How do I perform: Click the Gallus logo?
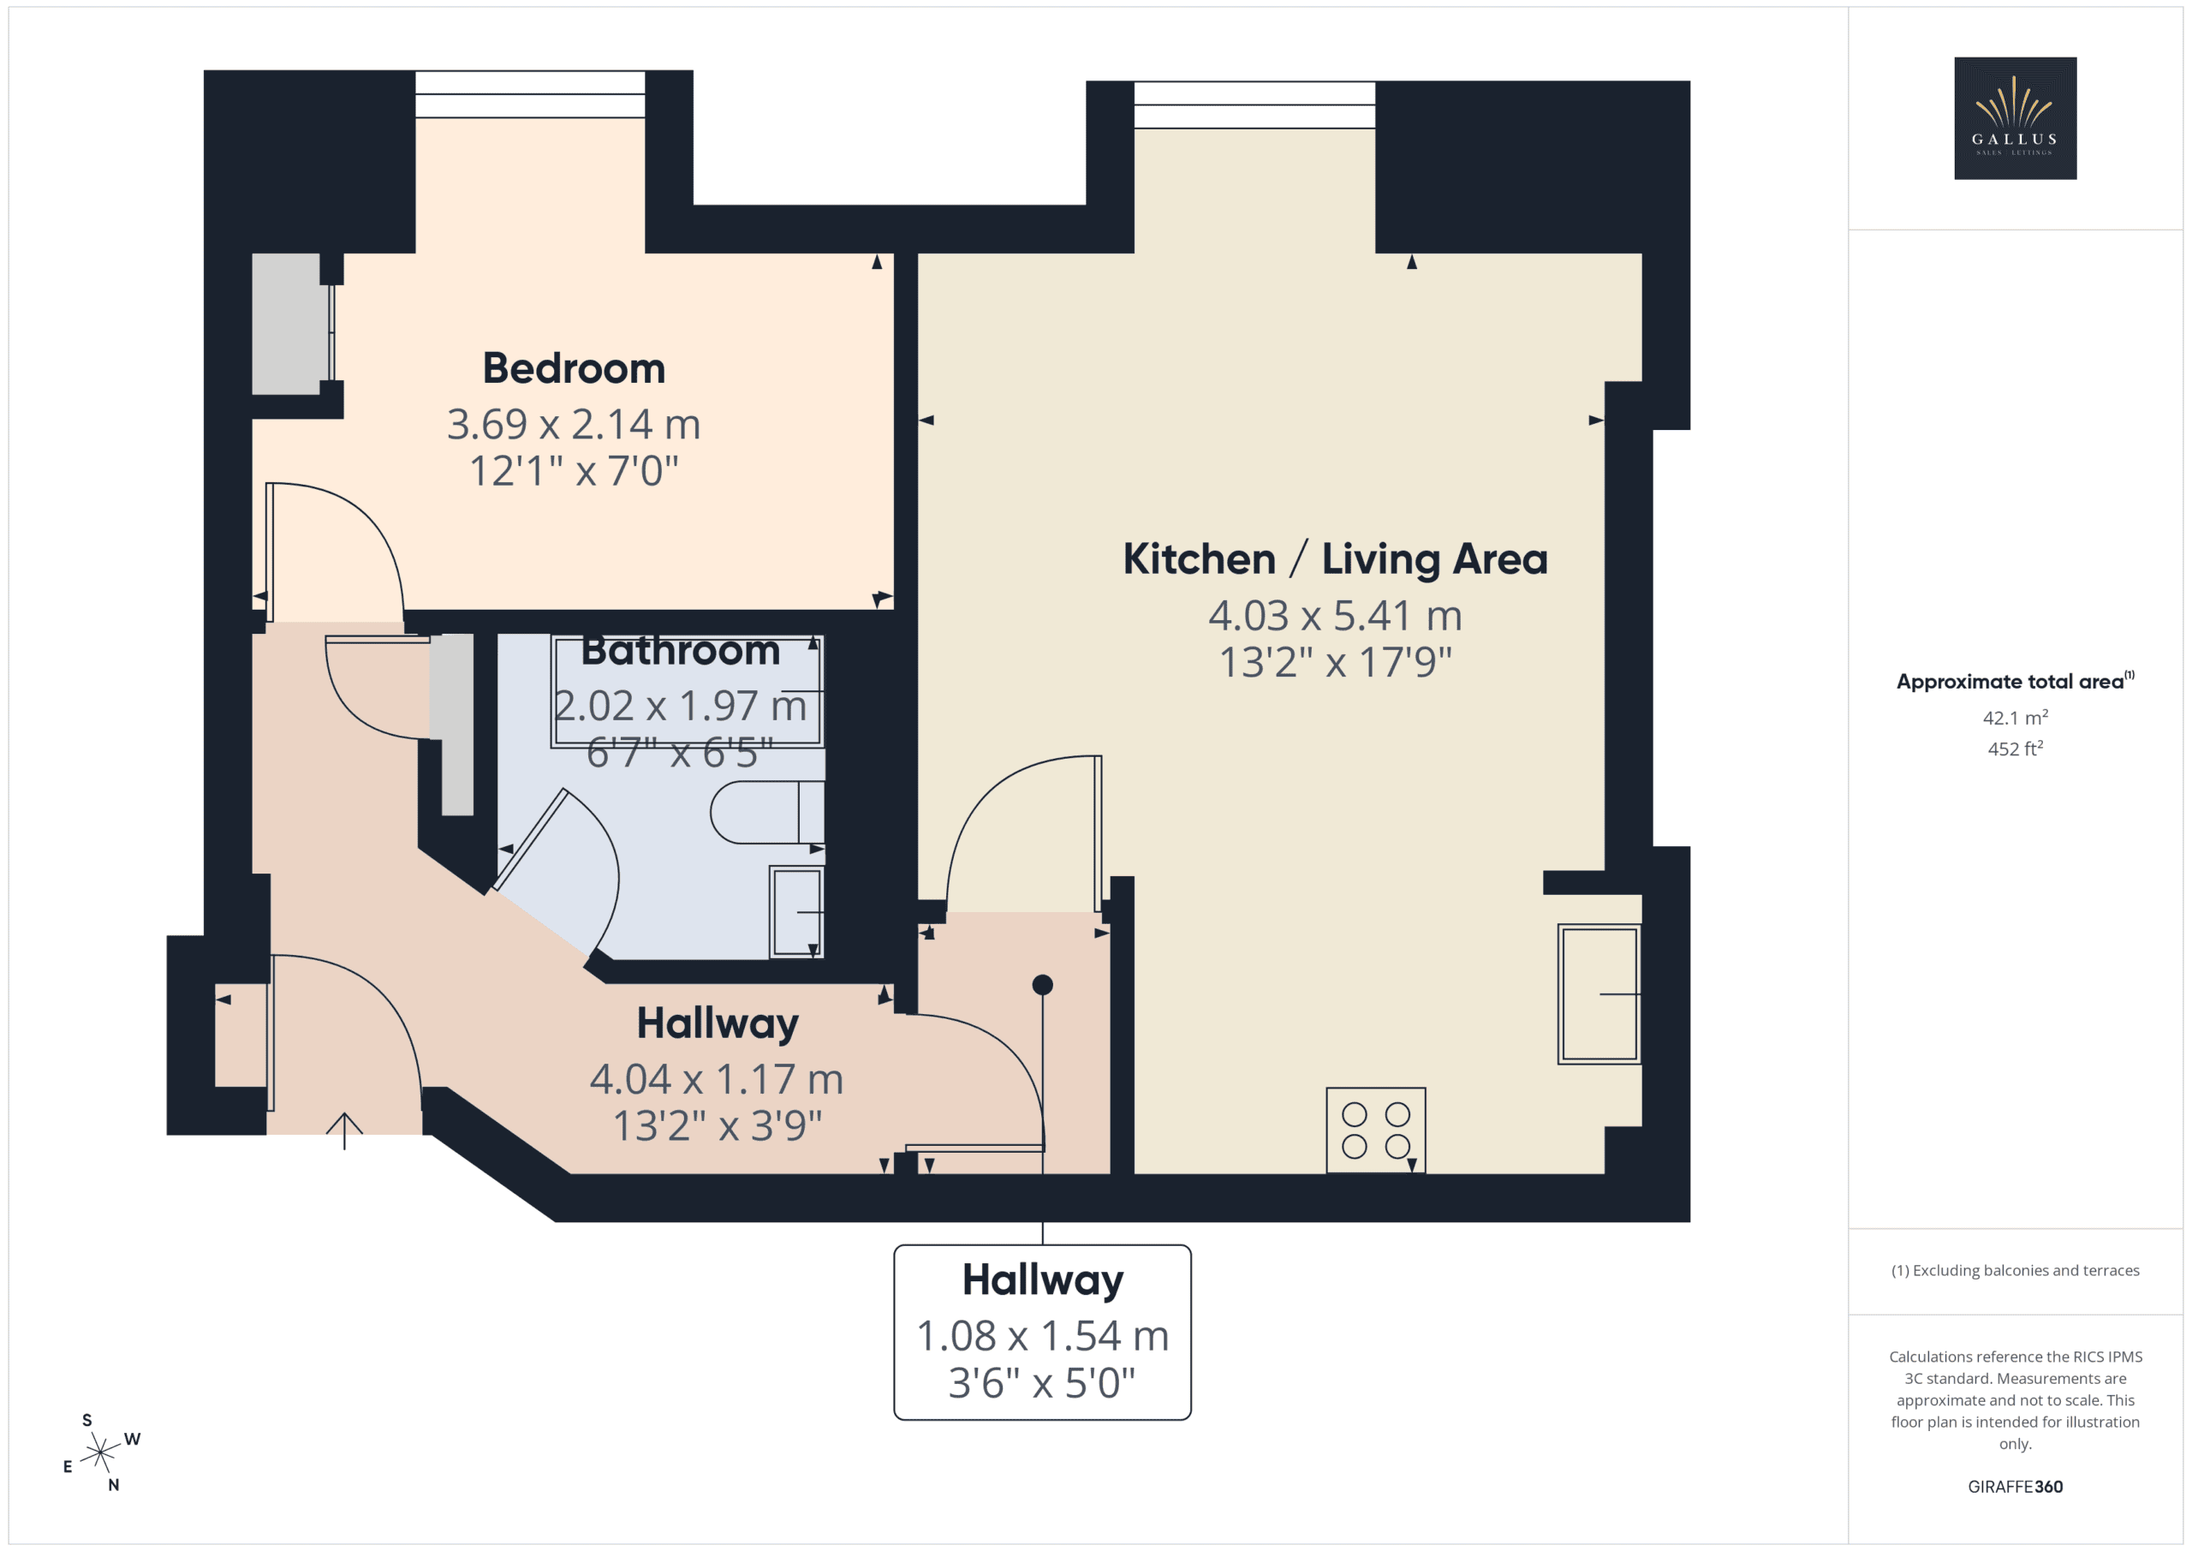(2015, 118)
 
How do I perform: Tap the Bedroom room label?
(574, 368)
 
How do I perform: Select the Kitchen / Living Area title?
(1335, 559)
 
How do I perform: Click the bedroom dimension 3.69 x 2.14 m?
(574, 424)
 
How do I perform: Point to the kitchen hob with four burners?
(1376, 1130)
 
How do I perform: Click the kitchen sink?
(1599, 994)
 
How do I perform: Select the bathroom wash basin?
(796, 912)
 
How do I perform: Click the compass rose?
(100, 1453)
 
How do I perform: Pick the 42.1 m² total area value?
(2015, 717)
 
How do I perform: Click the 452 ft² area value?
(2015, 749)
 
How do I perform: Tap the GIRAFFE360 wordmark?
(2015, 1486)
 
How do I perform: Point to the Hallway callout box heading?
(1043, 1280)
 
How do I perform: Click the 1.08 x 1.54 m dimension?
(1043, 1336)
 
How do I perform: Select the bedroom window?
(530, 94)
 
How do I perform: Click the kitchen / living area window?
(1254, 105)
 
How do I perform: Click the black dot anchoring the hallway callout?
(1043, 985)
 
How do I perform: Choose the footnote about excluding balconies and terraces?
(2015, 1270)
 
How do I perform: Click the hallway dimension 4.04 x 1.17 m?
(716, 1080)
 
